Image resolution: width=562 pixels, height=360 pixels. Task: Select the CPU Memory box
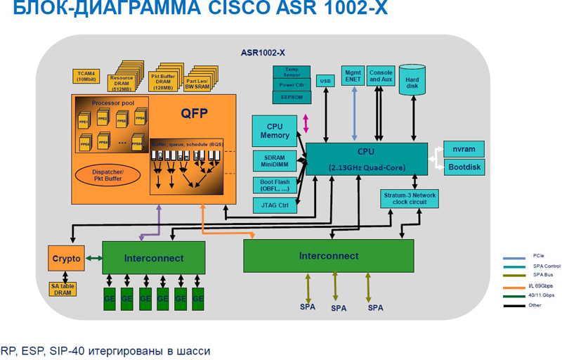pos(275,131)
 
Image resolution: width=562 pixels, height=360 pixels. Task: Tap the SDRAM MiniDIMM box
pos(275,160)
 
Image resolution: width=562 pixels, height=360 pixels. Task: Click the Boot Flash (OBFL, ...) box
pos(275,184)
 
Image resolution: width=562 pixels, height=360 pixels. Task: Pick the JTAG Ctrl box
pos(275,205)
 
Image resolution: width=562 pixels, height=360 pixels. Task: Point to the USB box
pos(325,81)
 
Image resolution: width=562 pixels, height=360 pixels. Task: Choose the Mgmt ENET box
pos(352,75)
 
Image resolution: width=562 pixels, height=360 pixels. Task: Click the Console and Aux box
pos(380,75)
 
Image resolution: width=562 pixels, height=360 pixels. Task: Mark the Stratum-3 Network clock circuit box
pos(410,198)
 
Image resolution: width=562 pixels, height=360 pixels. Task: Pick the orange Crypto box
pos(66,258)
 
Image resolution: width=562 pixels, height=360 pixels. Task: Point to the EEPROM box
pos(292,97)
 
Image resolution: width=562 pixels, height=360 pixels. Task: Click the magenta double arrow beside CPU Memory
pos(306,124)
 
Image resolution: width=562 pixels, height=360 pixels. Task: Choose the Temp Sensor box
pos(292,72)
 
